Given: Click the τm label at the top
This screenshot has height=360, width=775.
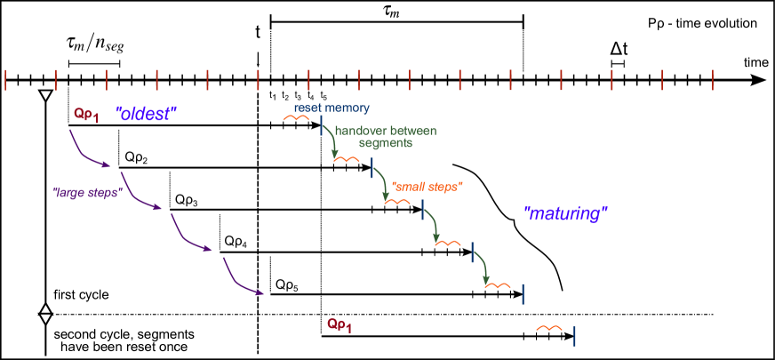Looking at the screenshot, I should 391,12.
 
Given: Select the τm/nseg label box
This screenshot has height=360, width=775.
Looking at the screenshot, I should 94,41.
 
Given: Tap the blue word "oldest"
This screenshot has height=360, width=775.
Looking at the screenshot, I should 147,115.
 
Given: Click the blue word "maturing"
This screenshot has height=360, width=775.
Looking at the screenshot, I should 565,214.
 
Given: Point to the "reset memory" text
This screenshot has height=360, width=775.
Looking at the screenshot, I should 332,108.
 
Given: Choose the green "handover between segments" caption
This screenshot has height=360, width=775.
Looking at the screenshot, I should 386,136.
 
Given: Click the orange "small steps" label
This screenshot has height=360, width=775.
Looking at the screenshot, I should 427,187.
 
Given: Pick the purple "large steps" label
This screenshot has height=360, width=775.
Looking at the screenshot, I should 86,191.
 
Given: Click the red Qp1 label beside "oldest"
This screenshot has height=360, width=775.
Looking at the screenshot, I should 85,115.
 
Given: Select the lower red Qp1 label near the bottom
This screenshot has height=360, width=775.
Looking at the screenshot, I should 339,325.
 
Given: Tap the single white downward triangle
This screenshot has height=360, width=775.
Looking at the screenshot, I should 45,95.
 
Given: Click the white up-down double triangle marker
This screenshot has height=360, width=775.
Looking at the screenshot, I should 45,314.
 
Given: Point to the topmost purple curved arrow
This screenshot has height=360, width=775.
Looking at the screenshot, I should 89,151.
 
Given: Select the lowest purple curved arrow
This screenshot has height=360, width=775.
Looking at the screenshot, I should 242,277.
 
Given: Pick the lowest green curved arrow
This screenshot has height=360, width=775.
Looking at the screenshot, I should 483,267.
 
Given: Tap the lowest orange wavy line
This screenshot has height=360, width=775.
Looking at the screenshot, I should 549,328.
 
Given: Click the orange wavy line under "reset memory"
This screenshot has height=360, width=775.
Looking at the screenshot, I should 296,117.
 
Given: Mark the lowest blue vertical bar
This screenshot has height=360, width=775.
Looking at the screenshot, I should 574,335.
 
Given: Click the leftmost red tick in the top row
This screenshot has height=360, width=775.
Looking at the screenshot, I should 5,80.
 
